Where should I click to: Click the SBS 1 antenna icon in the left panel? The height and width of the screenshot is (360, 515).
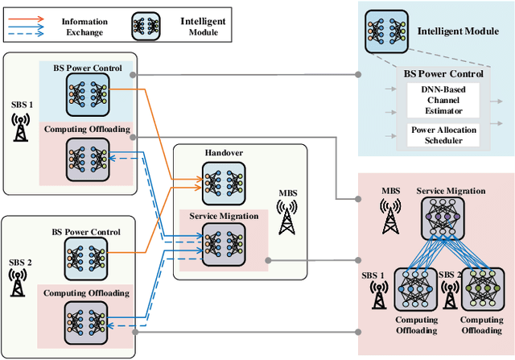coord(20,126)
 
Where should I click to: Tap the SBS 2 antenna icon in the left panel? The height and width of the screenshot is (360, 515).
coord(20,282)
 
